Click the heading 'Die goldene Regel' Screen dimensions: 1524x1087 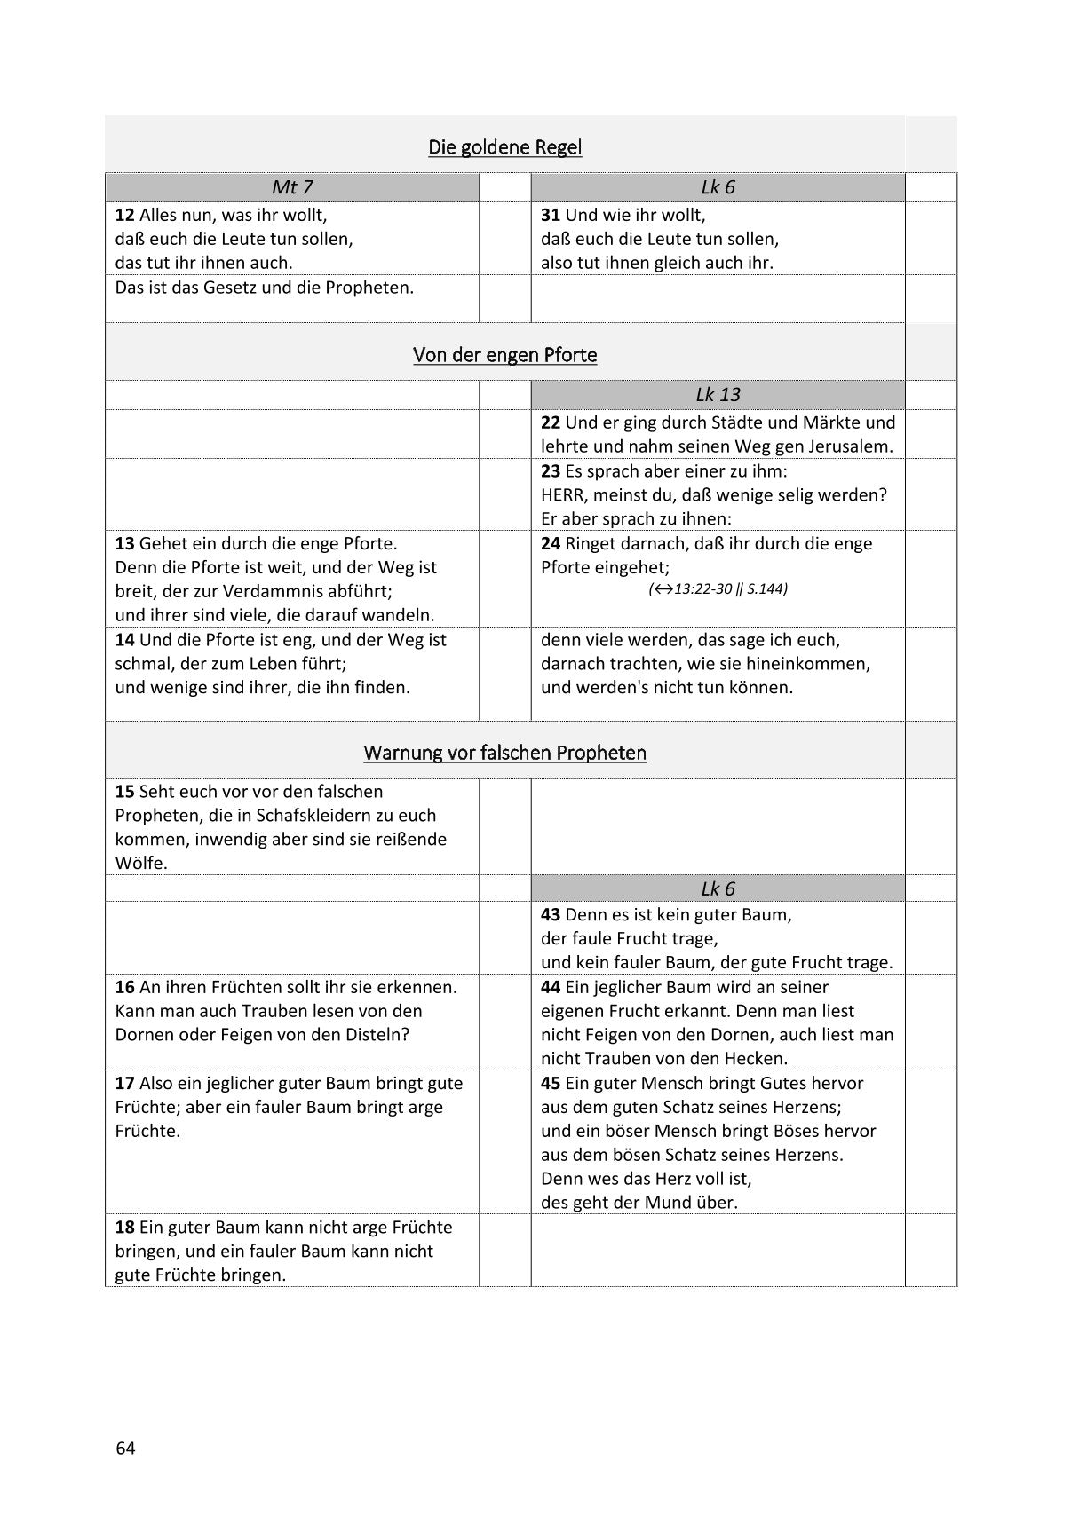504,147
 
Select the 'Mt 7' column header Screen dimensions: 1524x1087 292,187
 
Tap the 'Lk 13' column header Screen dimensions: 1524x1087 718,395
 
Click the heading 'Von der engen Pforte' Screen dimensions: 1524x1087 504,355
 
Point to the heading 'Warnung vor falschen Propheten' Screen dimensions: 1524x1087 504,753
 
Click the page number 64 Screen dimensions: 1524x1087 125,1449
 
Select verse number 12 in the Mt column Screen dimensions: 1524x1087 124,215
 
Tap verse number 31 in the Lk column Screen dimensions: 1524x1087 551,215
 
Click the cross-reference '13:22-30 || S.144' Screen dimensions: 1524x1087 718,588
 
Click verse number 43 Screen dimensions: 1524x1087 551,914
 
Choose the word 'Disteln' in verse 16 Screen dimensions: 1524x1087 376,1034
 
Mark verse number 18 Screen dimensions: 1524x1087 124,1227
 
